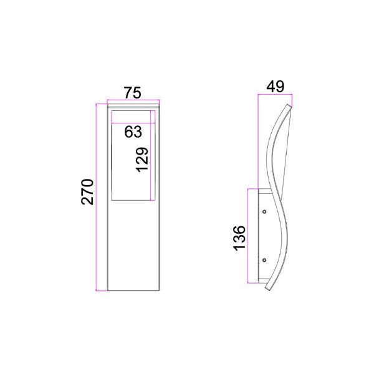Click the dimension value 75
133,93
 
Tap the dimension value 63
133,132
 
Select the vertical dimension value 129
142,160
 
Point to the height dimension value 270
87,192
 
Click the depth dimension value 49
276,87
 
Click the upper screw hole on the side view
264,211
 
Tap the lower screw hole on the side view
264,260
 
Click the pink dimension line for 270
96,198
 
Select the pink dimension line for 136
248,236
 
